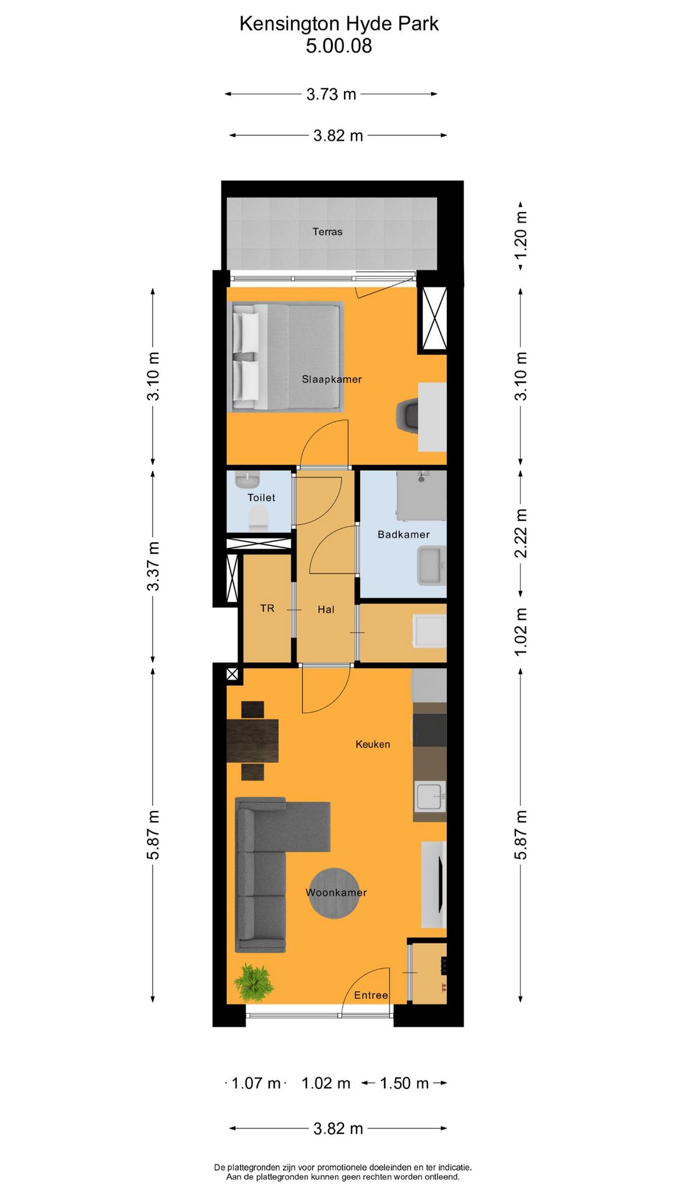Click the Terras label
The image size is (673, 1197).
327,232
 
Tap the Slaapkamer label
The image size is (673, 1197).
332,379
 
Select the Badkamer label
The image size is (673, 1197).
403,534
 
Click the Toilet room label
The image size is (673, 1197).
261,498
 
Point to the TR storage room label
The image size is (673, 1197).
267,608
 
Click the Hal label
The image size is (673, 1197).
326,610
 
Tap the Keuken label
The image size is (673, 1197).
373,744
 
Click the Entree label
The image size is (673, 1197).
371,996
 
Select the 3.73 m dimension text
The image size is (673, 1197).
331,94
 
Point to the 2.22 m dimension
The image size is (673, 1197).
521,533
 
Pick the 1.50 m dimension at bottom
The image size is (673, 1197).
404,1083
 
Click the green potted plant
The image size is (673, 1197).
254,983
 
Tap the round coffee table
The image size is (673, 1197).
334,893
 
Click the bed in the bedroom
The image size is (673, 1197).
287,357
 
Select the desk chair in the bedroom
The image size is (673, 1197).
408,415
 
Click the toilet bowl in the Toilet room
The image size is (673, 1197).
258,518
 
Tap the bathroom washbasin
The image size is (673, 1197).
432,565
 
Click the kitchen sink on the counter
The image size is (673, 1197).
430,796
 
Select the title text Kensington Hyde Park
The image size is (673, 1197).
338,24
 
